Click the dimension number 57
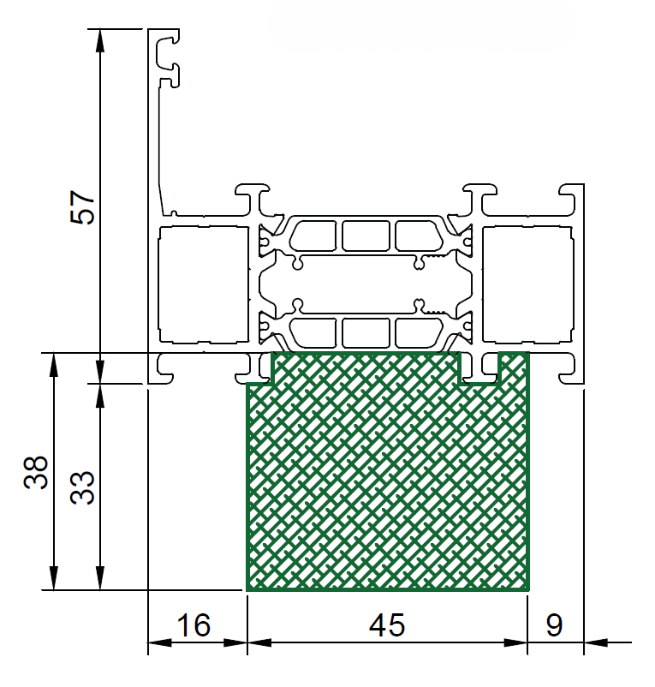[82, 207]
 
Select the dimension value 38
[36, 472]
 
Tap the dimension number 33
[82, 487]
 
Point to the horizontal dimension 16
[194, 624]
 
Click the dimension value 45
[387, 624]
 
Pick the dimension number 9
[554, 624]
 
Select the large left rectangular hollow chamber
[203, 284]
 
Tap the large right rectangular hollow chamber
[528, 284]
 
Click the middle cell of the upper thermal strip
[366, 236]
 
